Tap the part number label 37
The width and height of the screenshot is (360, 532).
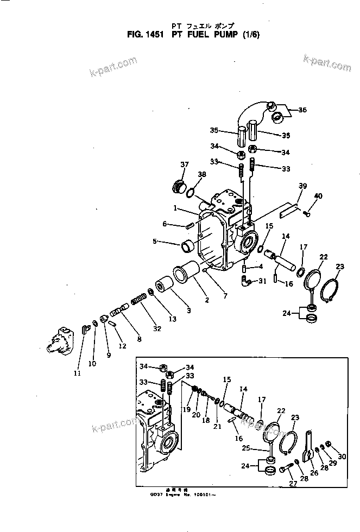pyautogui.click(x=184, y=164)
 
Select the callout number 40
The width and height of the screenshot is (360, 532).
pyautogui.click(x=318, y=195)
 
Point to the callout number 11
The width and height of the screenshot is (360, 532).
pyautogui.click(x=77, y=373)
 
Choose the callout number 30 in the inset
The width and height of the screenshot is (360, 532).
pyautogui.click(x=342, y=457)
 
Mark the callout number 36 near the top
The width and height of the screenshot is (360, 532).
pyautogui.click(x=302, y=110)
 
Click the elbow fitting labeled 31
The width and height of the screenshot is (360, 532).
pyautogui.click(x=248, y=280)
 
